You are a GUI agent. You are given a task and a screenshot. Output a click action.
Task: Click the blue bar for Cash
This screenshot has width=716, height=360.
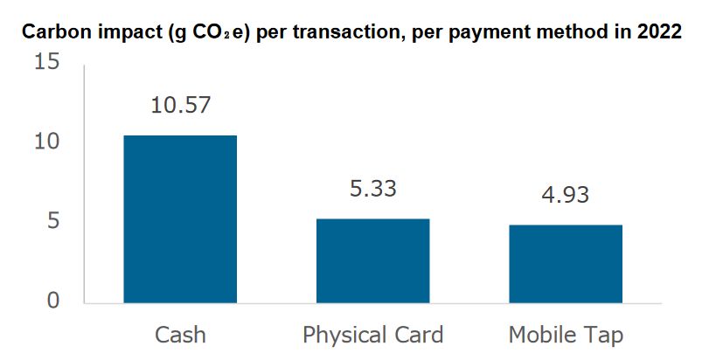click(x=179, y=218)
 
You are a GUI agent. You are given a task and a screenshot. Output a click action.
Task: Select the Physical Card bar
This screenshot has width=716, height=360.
click(x=372, y=260)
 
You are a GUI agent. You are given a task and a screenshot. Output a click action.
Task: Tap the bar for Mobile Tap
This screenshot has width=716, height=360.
click(x=566, y=263)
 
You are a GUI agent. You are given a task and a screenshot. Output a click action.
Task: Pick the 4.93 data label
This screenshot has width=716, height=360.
click(x=566, y=194)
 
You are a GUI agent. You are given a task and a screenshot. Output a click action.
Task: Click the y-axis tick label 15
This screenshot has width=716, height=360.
click(x=46, y=63)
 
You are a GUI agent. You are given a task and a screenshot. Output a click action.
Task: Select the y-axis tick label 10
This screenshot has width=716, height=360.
click(x=46, y=142)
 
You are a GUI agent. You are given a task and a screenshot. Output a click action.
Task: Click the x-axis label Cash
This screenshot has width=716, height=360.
click(x=180, y=335)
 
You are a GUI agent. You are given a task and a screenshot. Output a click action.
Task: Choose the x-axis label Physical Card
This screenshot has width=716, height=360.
click(x=372, y=335)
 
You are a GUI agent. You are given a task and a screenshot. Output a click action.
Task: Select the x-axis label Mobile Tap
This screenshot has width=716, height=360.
click(x=566, y=335)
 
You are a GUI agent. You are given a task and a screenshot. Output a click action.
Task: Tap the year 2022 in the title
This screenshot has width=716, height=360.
click(x=658, y=33)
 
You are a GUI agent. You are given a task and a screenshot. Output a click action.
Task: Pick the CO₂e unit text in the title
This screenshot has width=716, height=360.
click(x=208, y=33)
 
